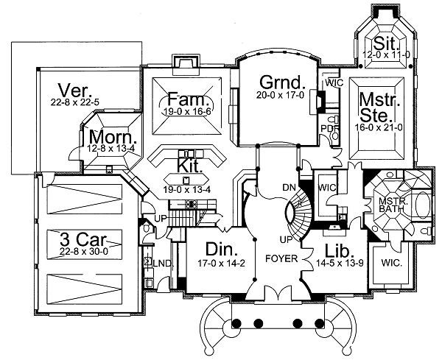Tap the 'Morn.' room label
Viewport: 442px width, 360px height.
[108, 137]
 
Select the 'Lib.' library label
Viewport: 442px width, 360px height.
[335, 248]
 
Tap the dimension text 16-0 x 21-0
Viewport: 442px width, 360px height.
[377, 127]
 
